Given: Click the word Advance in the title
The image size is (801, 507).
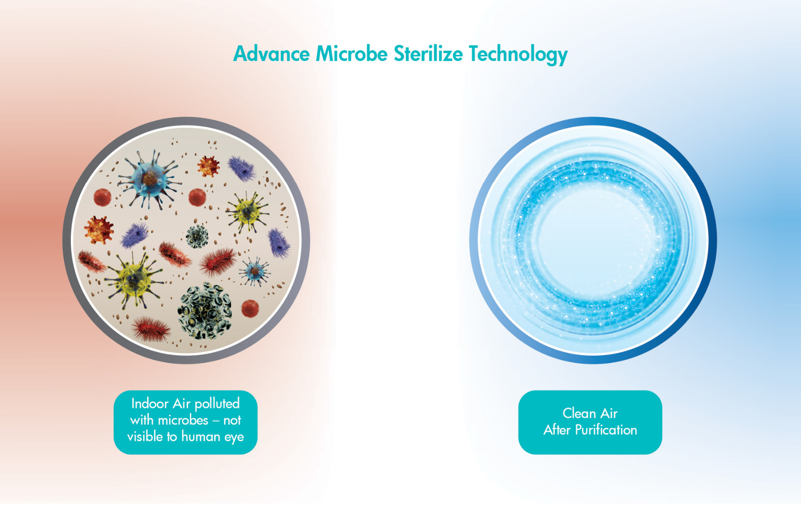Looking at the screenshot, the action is pyautogui.click(x=271, y=54).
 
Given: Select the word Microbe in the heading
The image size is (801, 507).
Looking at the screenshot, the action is pyautogui.click(x=352, y=54).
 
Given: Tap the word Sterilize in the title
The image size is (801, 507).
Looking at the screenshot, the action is pyautogui.click(x=428, y=54).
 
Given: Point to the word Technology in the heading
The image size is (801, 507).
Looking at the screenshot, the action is pyautogui.click(x=518, y=55).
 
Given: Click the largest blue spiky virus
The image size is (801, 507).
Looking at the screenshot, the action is pyautogui.click(x=150, y=179).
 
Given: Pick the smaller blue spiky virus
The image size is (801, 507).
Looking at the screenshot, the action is pyautogui.click(x=254, y=271).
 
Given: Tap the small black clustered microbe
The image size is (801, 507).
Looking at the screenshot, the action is pyautogui.click(x=197, y=236).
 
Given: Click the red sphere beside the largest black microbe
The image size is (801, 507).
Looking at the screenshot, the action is pyautogui.click(x=250, y=308).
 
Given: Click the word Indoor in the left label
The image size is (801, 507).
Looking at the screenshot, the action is pyautogui.click(x=150, y=403).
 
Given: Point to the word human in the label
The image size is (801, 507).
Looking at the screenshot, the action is pyautogui.click(x=200, y=437).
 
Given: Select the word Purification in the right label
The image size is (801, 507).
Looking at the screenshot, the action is pyautogui.click(x=606, y=430).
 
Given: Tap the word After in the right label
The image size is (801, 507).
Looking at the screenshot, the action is pyautogui.click(x=557, y=430).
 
